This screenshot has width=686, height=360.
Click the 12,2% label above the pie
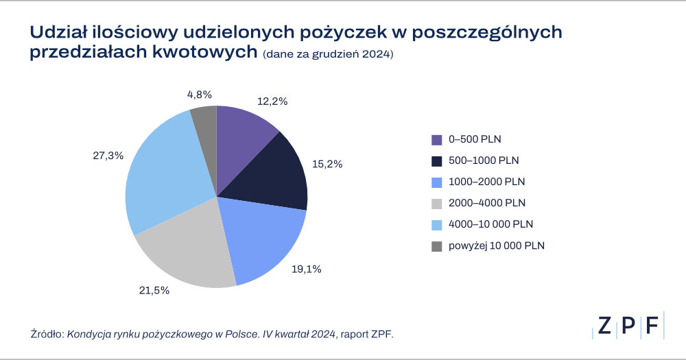tap(272, 101)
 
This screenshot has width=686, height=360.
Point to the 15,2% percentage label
tap(327, 165)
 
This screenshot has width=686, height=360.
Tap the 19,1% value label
tap(307, 269)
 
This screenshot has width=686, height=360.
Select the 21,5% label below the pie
tap(154, 290)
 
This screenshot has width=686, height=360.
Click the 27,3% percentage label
tap(108, 156)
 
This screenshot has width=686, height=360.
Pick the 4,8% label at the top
tap(200, 94)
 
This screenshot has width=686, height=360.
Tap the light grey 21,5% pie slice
tap(185, 247)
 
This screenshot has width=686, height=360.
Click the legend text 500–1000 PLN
tap(484, 160)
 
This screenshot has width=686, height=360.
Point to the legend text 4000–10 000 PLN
tap(490, 224)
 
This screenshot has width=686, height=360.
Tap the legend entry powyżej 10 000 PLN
tap(496, 245)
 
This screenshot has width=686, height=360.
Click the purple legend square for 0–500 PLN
tap(437, 140)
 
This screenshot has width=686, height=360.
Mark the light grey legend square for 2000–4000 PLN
tap(437, 204)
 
